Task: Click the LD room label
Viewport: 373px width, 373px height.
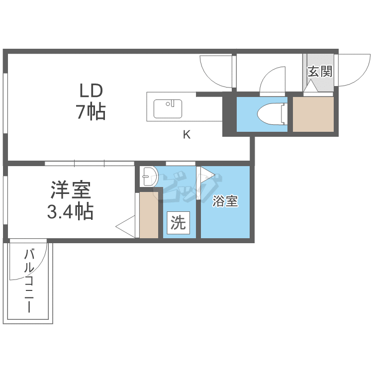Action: (91, 91)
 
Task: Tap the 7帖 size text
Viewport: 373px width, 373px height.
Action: (91, 111)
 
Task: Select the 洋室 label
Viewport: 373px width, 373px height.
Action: (71, 190)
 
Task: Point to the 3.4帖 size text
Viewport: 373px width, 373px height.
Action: (70, 211)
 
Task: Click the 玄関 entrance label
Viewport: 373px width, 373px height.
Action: (320, 71)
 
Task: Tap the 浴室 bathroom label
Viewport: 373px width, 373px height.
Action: (225, 201)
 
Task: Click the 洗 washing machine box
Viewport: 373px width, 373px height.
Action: (179, 223)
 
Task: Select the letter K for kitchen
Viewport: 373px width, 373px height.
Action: (186, 135)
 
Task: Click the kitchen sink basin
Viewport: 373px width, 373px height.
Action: (168, 109)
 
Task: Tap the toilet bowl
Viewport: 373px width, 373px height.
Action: (271, 114)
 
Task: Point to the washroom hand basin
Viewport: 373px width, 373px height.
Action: (149, 177)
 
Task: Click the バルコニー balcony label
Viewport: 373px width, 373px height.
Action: (29, 280)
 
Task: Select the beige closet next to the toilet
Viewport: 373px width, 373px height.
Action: (313, 114)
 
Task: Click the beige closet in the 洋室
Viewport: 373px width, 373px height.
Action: (149, 215)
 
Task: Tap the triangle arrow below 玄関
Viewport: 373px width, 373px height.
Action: (311, 86)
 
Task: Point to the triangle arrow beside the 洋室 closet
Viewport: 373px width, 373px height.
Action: (125, 227)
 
